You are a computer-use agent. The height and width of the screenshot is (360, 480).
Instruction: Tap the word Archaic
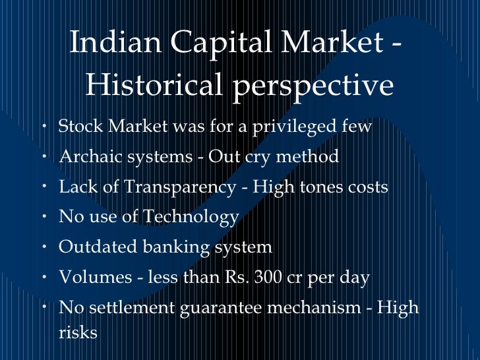tap(86, 156)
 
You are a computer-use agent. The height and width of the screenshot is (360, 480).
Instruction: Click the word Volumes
tap(96, 277)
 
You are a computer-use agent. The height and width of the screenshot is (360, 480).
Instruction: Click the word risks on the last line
tap(78, 332)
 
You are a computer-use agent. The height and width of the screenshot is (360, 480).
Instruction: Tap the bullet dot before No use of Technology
tap(44, 217)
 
